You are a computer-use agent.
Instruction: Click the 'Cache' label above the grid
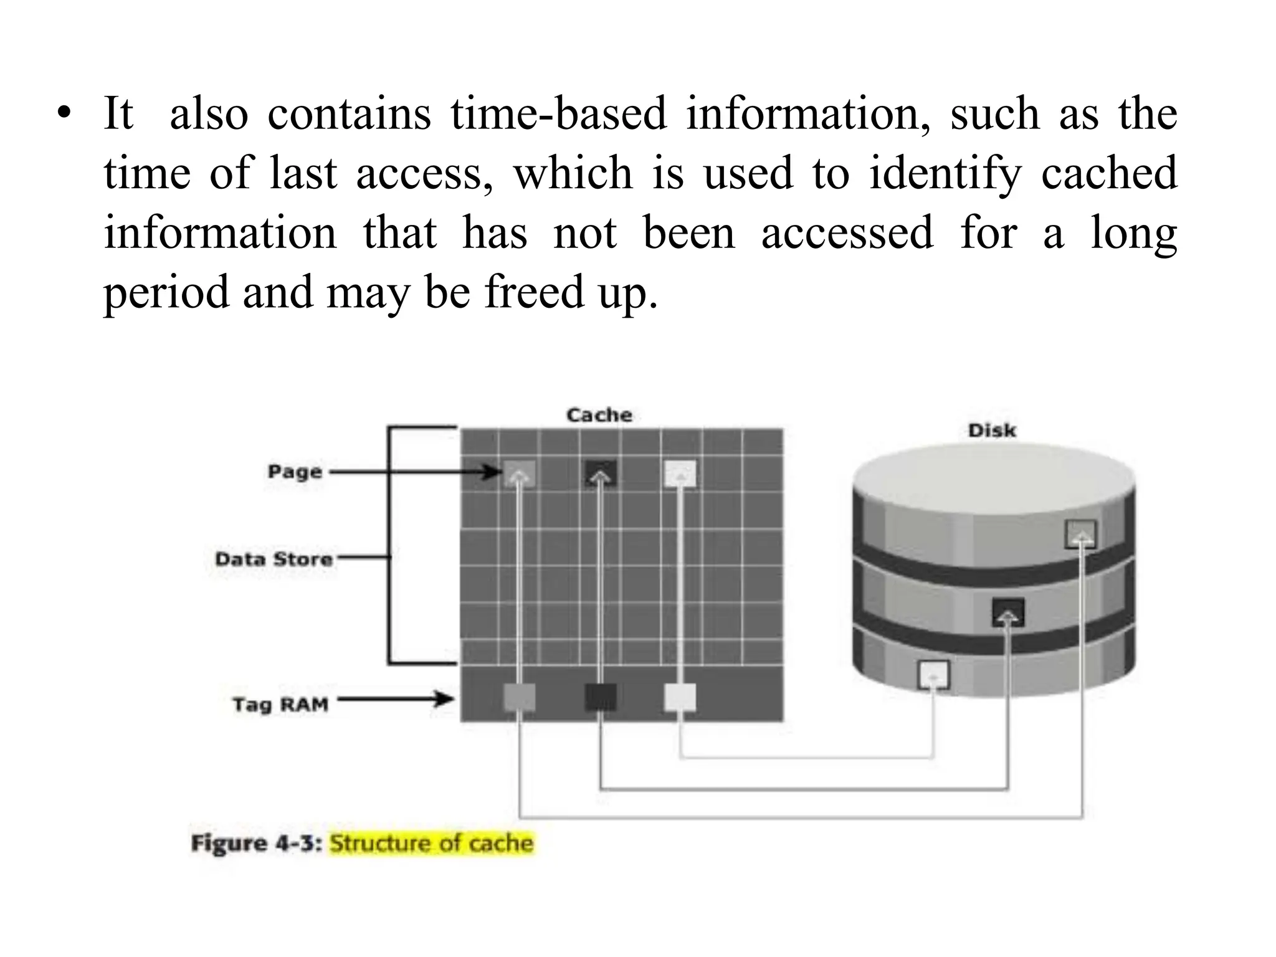[599, 415]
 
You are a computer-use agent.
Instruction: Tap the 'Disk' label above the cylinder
[991, 431]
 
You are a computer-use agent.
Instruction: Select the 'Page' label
[295, 472]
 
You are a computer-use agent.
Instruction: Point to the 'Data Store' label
[274, 559]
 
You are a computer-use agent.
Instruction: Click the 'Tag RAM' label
[280, 705]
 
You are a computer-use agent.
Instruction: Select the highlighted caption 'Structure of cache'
[431, 843]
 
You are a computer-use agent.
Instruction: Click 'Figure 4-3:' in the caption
[257, 843]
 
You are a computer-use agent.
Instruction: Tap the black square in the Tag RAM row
[601, 697]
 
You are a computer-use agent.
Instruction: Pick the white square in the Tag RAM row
[680, 697]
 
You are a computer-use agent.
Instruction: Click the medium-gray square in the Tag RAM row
[519, 697]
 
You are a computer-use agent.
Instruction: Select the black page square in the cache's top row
[601, 474]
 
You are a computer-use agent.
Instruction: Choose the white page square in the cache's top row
[680, 474]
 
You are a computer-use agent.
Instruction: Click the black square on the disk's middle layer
[1008, 612]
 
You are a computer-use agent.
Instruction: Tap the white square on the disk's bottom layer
[933, 675]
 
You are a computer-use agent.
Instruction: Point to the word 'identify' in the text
[945, 173]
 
